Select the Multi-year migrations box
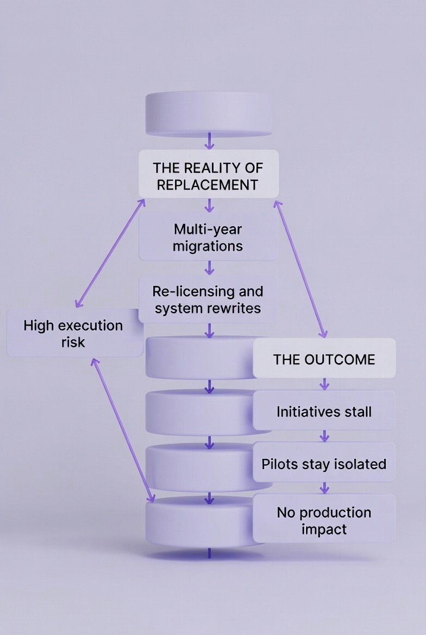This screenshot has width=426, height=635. (209, 237)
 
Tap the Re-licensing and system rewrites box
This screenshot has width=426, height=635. (209, 300)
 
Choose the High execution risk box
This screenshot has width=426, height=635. (74, 333)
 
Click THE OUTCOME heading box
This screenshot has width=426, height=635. (324, 359)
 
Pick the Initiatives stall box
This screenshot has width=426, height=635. (324, 411)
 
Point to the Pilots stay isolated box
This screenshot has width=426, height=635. (324, 464)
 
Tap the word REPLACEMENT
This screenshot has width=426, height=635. (207, 184)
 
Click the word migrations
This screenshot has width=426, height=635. (208, 246)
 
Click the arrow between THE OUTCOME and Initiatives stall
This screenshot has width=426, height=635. (324, 384)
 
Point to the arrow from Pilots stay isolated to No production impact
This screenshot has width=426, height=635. (324, 488)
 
